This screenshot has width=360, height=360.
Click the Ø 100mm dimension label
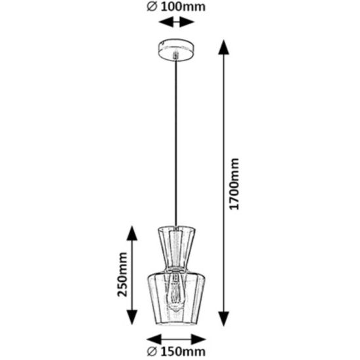176,7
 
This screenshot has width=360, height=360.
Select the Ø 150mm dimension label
176,351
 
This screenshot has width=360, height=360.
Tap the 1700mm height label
234,184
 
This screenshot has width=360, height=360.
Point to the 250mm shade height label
122,275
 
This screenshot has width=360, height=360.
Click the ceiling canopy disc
176,50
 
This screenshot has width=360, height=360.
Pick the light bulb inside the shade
176,292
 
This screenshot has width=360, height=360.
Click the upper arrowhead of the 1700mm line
223,47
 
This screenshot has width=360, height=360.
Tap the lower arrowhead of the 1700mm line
223,319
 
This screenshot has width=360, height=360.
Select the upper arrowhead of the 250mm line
132,233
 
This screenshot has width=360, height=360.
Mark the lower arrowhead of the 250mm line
132,317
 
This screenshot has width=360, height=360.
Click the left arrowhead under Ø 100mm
166,22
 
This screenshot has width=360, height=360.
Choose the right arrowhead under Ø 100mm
187,22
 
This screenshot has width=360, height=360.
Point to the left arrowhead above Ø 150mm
154,339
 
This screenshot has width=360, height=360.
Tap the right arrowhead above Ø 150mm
198,339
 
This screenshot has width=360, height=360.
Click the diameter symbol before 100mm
152,7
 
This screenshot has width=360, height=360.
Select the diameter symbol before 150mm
152,351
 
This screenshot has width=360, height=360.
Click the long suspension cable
176,143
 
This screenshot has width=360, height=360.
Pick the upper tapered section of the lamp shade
176,248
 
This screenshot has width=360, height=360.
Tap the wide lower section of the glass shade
176,299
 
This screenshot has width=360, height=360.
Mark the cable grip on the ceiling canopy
176,55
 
